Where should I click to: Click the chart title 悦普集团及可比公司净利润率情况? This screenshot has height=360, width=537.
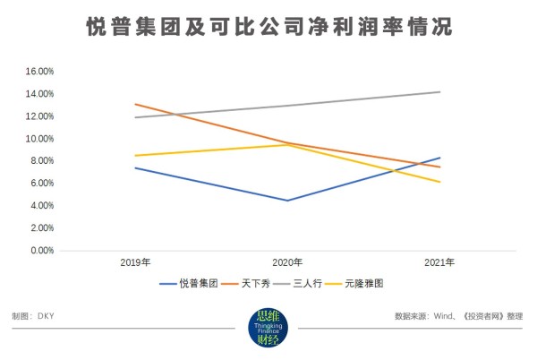[268, 28]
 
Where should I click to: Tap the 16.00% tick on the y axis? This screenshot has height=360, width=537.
[39, 71]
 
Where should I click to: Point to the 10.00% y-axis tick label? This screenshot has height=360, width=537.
[39, 139]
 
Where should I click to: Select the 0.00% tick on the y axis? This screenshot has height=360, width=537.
[41, 251]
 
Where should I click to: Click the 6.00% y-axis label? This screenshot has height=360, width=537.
[41, 184]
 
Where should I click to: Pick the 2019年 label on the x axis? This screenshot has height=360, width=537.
[134, 263]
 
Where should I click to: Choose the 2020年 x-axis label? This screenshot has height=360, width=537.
[286, 263]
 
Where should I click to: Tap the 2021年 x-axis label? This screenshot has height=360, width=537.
[439, 263]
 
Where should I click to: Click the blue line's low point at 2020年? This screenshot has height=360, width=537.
[286, 201]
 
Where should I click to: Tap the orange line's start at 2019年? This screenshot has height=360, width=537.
[134, 104]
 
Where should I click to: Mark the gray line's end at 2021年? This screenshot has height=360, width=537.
[439, 91]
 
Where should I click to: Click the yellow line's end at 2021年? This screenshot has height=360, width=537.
[439, 182]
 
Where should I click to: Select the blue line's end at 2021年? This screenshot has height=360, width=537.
[439, 158]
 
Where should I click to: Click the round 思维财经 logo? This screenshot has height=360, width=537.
[268, 328]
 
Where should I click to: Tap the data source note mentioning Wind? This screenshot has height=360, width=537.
[458, 317]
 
